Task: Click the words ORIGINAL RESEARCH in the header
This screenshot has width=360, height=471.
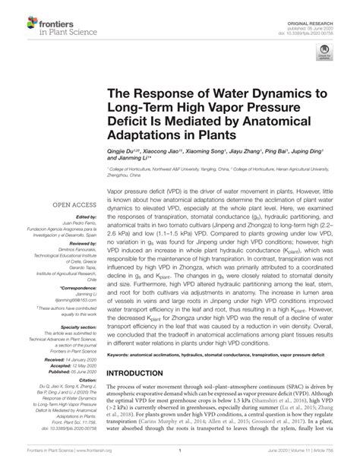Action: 327,7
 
